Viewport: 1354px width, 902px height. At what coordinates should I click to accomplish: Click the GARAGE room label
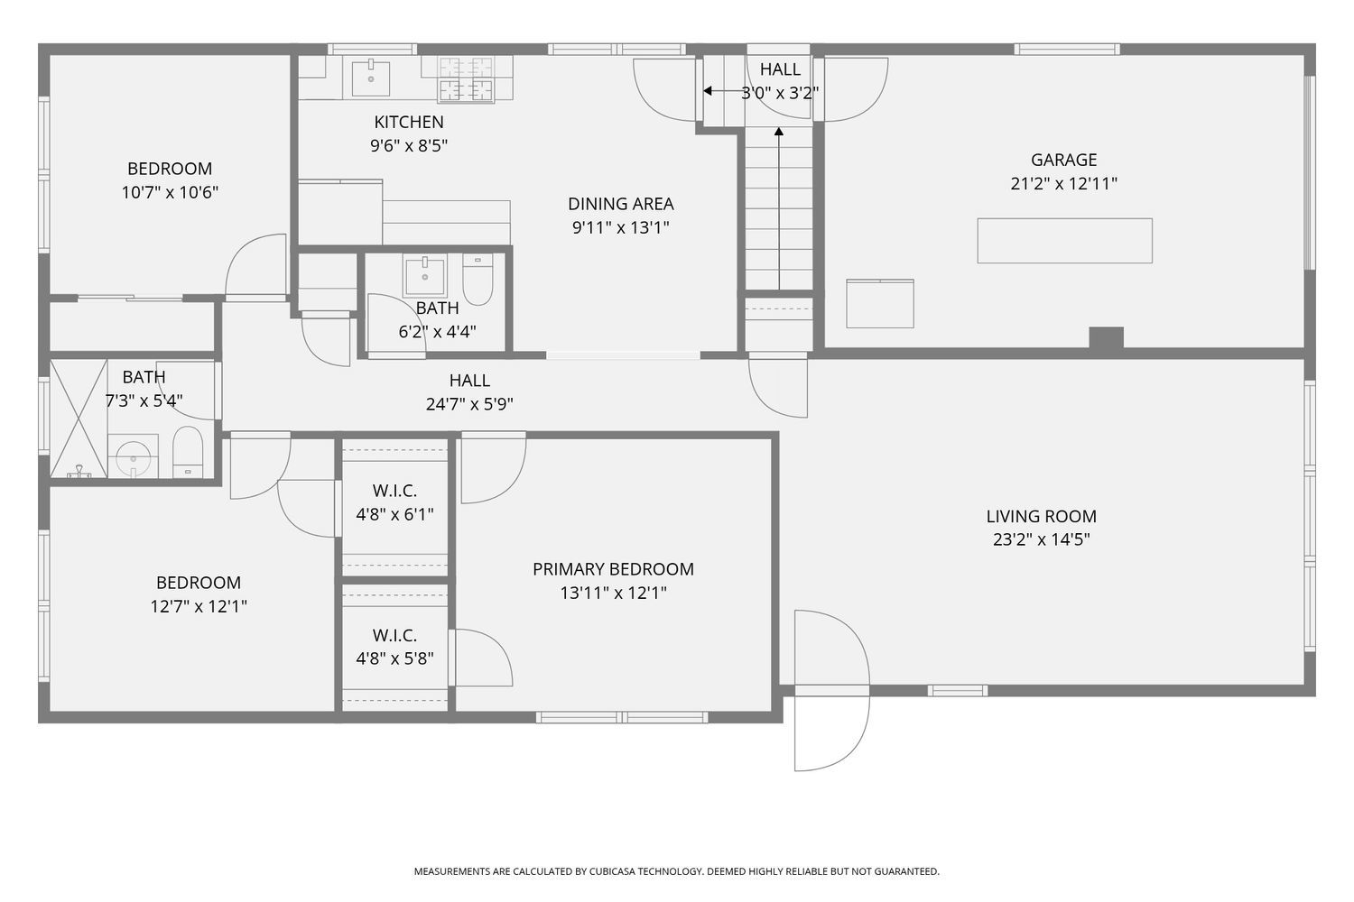pyautogui.click(x=1064, y=160)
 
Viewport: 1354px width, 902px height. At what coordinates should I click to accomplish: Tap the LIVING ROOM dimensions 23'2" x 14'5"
pyautogui.click(x=1041, y=540)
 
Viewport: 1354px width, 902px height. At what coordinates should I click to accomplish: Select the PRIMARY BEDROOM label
pyautogui.click(x=613, y=569)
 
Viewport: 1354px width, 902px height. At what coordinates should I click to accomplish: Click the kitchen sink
pyautogui.click(x=370, y=78)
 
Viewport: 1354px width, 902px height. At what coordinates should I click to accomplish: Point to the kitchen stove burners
pyautogui.click(x=466, y=78)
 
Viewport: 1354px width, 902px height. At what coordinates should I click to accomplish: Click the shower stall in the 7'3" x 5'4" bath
pyautogui.click(x=78, y=418)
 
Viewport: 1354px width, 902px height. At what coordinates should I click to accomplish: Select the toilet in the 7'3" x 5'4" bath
pyautogui.click(x=188, y=453)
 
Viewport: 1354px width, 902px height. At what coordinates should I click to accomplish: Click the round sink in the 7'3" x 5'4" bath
pyautogui.click(x=134, y=456)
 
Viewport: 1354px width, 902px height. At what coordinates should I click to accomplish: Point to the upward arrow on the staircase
pyautogui.click(x=779, y=207)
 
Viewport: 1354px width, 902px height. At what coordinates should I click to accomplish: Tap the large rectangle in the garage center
pyautogui.click(x=1064, y=241)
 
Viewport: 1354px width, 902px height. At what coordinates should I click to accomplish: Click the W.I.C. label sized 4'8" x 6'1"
pyautogui.click(x=394, y=491)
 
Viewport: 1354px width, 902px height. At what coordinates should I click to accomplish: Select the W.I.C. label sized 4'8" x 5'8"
pyautogui.click(x=394, y=636)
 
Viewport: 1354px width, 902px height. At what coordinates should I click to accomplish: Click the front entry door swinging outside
pyautogui.click(x=830, y=731)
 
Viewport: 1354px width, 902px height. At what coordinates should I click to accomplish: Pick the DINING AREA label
pyautogui.click(x=620, y=204)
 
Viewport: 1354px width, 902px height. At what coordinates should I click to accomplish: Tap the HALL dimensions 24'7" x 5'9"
pyautogui.click(x=469, y=405)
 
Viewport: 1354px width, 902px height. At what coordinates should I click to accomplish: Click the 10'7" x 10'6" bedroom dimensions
pyautogui.click(x=170, y=192)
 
